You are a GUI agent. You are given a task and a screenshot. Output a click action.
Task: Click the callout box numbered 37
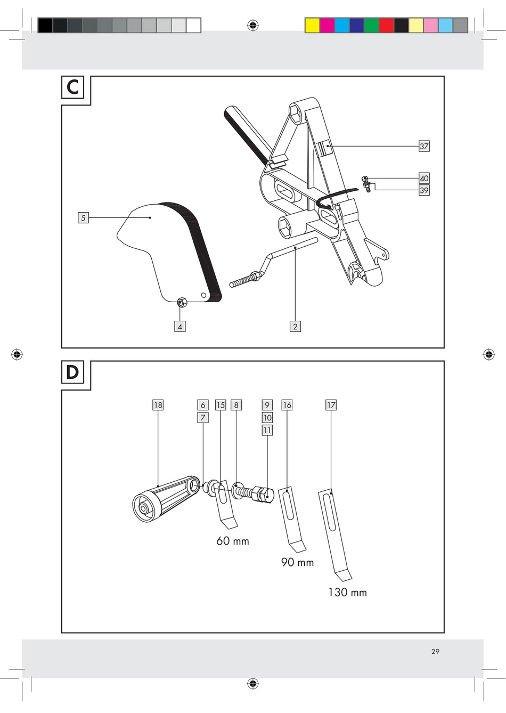click(424, 147)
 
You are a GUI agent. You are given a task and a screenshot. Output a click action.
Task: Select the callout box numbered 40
click(424, 178)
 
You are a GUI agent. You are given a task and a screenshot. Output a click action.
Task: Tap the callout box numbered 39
click(424, 190)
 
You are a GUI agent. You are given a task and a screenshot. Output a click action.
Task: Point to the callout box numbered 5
click(84, 218)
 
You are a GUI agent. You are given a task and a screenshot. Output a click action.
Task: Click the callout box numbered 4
click(180, 326)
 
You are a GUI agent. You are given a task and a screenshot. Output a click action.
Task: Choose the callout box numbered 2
click(295, 326)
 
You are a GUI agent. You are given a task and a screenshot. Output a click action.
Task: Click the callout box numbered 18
click(158, 405)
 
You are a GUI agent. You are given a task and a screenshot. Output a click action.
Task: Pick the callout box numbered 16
click(287, 405)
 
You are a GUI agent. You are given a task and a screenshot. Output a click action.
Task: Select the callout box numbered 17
click(331, 405)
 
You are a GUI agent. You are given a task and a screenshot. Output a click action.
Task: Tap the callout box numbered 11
click(267, 431)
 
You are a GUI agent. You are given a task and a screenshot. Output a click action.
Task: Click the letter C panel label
click(72, 87)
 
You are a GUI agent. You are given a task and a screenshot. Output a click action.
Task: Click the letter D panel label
click(72, 372)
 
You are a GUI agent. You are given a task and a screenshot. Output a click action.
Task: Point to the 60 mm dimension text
click(233, 541)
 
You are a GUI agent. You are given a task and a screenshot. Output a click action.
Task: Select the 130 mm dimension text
click(347, 593)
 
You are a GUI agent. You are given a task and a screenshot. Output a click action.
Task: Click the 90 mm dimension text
click(298, 562)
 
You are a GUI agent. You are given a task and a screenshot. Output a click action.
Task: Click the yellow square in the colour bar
click(312, 26)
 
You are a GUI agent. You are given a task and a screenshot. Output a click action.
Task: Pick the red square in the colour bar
click(387, 26)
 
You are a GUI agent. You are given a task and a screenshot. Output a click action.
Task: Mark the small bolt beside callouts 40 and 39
click(366, 184)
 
